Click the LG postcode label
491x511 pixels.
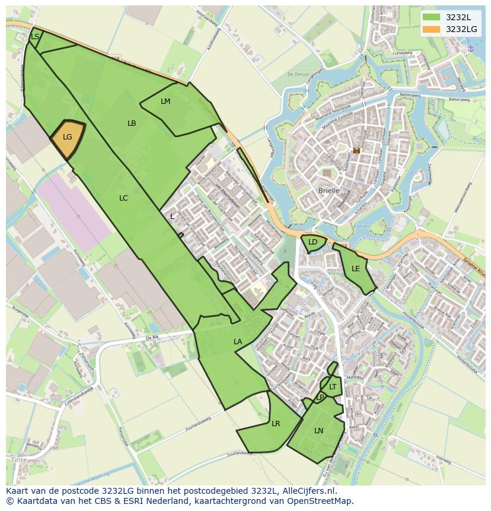click(68, 137)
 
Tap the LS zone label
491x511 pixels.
click(35, 37)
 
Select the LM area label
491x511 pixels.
click(165, 101)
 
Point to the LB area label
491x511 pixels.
click(132, 123)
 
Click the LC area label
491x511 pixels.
click(123, 198)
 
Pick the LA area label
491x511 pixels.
click(238, 342)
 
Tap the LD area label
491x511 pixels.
click(313, 242)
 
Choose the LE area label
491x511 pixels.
click(356, 269)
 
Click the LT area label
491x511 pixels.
click(333, 387)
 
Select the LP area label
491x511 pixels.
click(320, 397)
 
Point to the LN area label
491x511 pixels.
click(319, 431)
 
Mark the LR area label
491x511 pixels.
click(276, 424)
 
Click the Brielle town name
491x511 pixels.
click(329, 191)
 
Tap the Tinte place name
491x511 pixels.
click(18, 460)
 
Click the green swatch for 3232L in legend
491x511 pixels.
click(431, 17)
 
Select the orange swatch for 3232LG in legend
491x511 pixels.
click(431, 28)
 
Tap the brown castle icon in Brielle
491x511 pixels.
click(356, 151)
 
